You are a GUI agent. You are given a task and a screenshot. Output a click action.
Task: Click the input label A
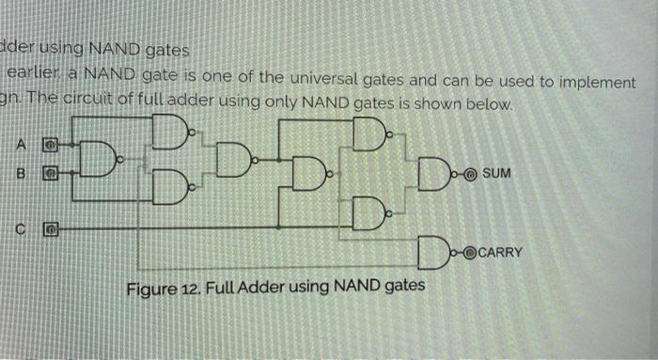click(x=19, y=143)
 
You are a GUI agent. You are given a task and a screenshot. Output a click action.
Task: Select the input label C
click(x=19, y=227)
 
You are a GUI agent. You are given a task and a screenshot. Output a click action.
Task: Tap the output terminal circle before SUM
click(x=472, y=174)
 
